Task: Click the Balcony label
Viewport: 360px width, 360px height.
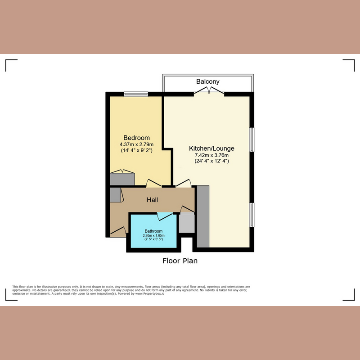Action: (208, 81)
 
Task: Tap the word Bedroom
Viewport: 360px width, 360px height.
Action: (136, 138)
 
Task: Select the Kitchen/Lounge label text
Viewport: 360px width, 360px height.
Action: (211, 148)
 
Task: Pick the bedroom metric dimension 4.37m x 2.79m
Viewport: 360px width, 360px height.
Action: (136, 144)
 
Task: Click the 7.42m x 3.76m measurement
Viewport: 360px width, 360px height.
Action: (211, 155)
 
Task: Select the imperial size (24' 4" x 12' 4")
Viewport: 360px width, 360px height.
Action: (211, 161)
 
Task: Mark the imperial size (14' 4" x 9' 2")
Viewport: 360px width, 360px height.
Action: (136, 150)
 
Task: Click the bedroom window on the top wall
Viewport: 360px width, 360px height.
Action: (136, 94)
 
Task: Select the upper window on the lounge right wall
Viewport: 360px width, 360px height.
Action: (252, 140)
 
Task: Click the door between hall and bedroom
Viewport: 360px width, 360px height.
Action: (154, 184)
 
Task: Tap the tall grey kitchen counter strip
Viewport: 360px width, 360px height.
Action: (203, 216)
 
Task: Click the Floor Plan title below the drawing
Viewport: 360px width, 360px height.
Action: (180, 261)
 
